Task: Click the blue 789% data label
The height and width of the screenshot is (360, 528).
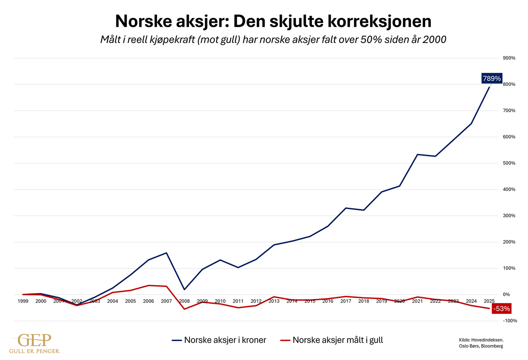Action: point(492,78)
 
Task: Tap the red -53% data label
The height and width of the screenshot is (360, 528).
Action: point(501,309)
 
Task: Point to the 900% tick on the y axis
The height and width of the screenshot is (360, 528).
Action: point(509,58)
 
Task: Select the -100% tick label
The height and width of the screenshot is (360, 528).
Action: point(510,321)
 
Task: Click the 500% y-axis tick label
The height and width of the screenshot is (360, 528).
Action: point(509,163)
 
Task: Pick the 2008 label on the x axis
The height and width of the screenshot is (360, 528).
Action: point(184,301)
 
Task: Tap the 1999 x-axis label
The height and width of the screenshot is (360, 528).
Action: point(23,301)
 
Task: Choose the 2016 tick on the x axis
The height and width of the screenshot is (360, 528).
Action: point(328,301)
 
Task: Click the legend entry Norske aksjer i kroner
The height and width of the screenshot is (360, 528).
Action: point(219,340)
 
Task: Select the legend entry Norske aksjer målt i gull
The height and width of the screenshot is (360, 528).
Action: point(332,340)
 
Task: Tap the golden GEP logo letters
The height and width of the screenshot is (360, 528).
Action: point(35,340)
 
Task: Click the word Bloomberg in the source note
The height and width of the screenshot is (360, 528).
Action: point(492,346)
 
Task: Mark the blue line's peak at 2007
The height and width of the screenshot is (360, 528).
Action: point(167,253)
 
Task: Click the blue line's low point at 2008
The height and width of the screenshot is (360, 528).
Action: point(184,290)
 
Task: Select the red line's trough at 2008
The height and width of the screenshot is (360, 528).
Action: point(184,309)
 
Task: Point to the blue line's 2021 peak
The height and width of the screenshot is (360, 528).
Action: point(418,154)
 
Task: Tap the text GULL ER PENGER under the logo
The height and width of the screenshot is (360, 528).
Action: point(35,351)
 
